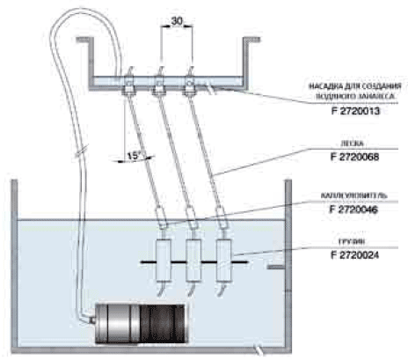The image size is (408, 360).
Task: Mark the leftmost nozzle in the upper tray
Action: [127, 85]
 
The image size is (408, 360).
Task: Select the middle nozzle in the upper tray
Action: [158, 85]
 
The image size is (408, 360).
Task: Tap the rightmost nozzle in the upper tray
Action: [189, 85]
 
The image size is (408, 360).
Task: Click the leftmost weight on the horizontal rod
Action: [164, 261]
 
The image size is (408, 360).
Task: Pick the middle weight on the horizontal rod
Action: [193, 261]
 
